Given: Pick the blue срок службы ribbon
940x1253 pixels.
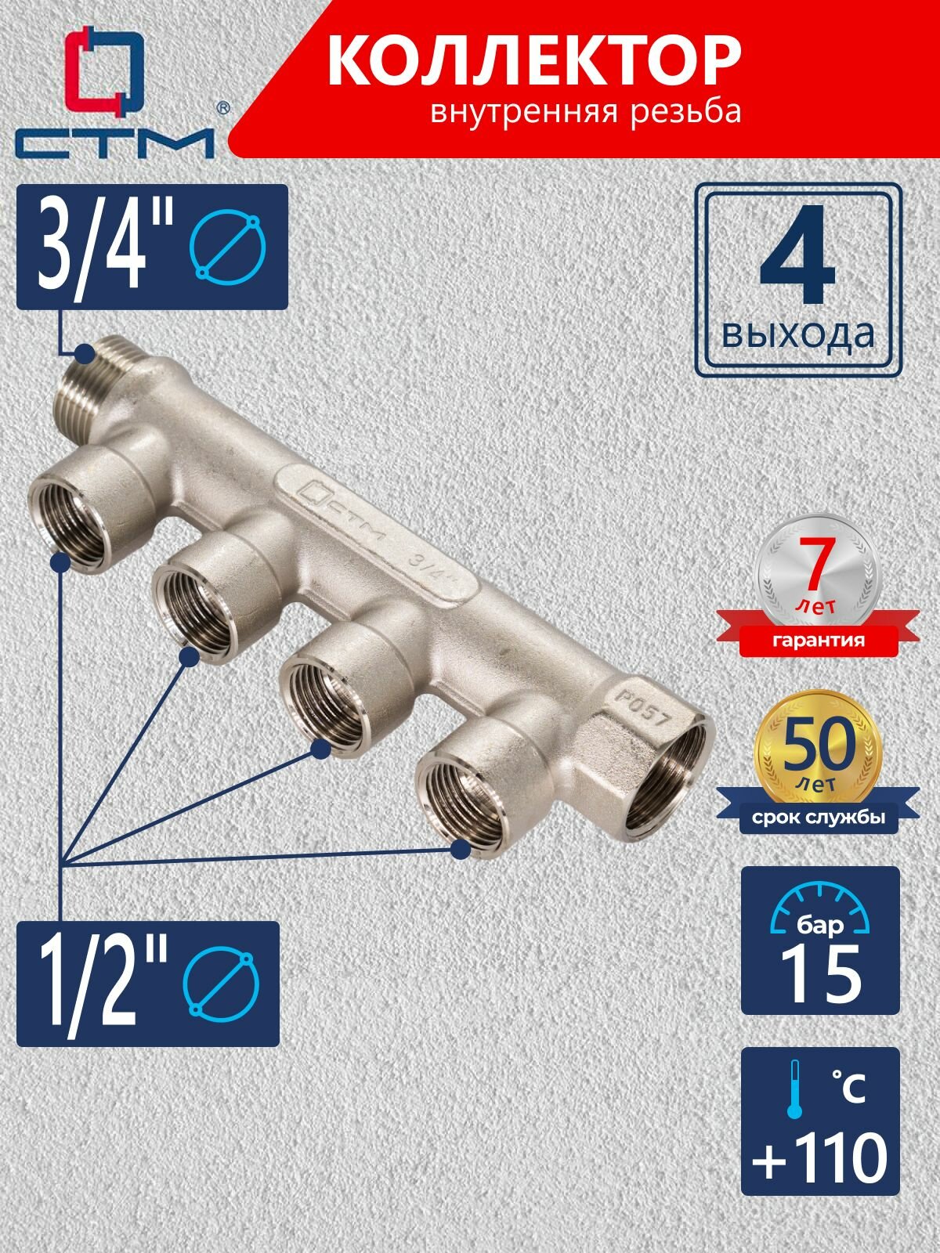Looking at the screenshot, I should click(x=819, y=818).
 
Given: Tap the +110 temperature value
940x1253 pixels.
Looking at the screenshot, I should click(x=819, y=1159).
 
